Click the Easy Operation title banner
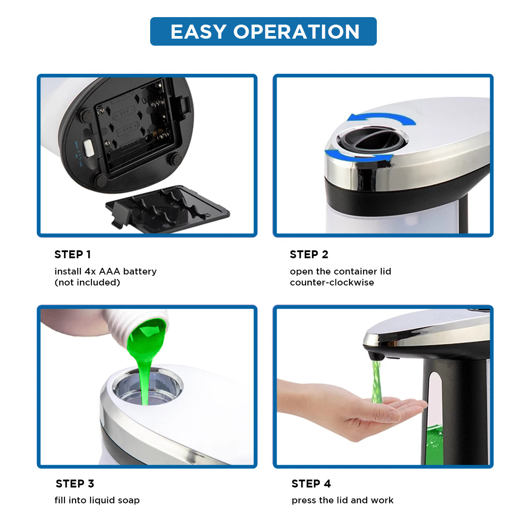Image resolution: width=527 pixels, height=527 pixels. coord(263,32)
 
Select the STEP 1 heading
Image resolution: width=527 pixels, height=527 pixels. coord(72,254)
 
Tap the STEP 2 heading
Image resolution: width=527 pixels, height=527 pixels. coord(309,254)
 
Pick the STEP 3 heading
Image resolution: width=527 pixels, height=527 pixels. coord(75,484)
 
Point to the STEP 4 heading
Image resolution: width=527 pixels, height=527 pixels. coord(311,484)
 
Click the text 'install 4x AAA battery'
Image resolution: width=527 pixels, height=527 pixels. coord(105,271)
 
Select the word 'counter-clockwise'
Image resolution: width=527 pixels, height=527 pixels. coord(332,282)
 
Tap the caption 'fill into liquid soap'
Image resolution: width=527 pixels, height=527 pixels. coord(97,500)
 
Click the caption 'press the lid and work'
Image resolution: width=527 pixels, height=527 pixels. coord(342,500)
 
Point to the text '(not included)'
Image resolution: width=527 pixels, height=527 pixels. coord(87,282)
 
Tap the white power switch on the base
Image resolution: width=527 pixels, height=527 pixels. coord(88,148)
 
